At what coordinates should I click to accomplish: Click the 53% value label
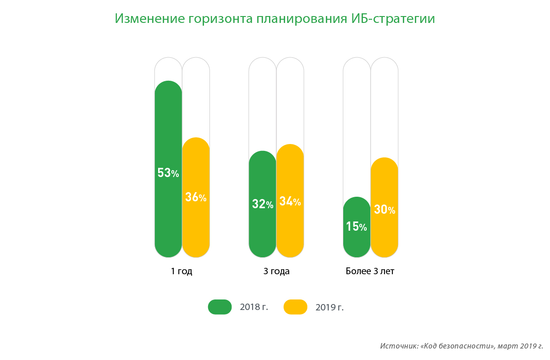pyautogui.click(x=168, y=173)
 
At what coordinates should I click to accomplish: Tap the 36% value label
pyautogui.click(x=196, y=197)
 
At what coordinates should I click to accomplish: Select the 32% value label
pyautogui.click(x=263, y=204)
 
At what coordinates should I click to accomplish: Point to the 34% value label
pyautogui.click(x=290, y=201)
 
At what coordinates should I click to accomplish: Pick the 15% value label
pyautogui.click(x=357, y=227)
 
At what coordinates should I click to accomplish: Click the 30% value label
pyautogui.click(x=385, y=210)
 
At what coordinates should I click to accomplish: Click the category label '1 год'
pyautogui.click(x=181, y=271)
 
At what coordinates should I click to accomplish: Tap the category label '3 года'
pyautogui.click(x=276, y=271)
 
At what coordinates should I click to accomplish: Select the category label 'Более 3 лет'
pyautogui.click(x=370, y=271)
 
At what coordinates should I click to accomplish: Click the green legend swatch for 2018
pyautogui.click(x=220, y=307)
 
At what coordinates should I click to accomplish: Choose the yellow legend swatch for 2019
pyautogui.click(x=295, y=307)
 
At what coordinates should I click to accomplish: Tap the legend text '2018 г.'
pyautogui.click(x=254, y=307)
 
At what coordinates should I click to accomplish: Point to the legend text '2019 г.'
pyautogui.click(x=330, y=307)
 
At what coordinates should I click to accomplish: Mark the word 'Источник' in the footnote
pyautogui.click(x=398, y=346)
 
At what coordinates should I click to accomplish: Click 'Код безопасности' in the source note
pyautogui.click(x=458, y=346)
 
